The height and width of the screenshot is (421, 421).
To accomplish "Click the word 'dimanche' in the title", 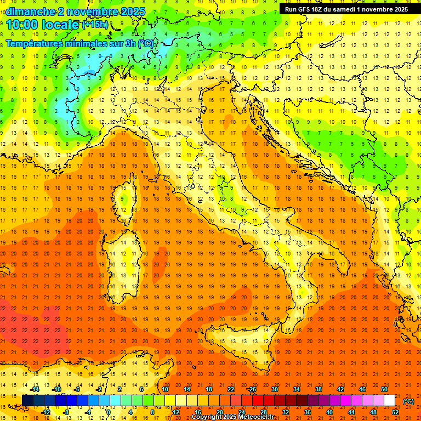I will coord(31,12).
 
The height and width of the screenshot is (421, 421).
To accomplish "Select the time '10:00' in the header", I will coord(25,24).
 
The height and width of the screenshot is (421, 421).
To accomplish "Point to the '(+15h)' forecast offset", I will coord(95,24).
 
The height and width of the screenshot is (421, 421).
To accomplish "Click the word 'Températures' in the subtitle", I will coord(33,43).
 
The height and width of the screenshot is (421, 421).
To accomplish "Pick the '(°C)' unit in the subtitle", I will coord(146,43).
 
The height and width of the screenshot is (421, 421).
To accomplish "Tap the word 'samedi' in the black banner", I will coord(359,9).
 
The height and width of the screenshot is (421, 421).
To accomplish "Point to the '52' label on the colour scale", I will coord(395,412).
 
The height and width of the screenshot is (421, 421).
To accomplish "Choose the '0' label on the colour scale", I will coord(109,412).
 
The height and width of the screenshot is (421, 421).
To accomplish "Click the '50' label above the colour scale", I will coord(384,389).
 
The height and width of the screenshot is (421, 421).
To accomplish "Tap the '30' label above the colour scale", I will coord(274,389).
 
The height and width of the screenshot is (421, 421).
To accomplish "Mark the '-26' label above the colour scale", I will coord(252,389).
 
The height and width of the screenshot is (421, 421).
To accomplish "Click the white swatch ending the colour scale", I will coord(389,401).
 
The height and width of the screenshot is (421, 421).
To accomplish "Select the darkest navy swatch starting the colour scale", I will coord(27,401).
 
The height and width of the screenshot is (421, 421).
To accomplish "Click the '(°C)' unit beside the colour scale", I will coord(408,401).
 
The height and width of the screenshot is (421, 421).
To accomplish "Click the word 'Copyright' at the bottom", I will coord(206,417).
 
